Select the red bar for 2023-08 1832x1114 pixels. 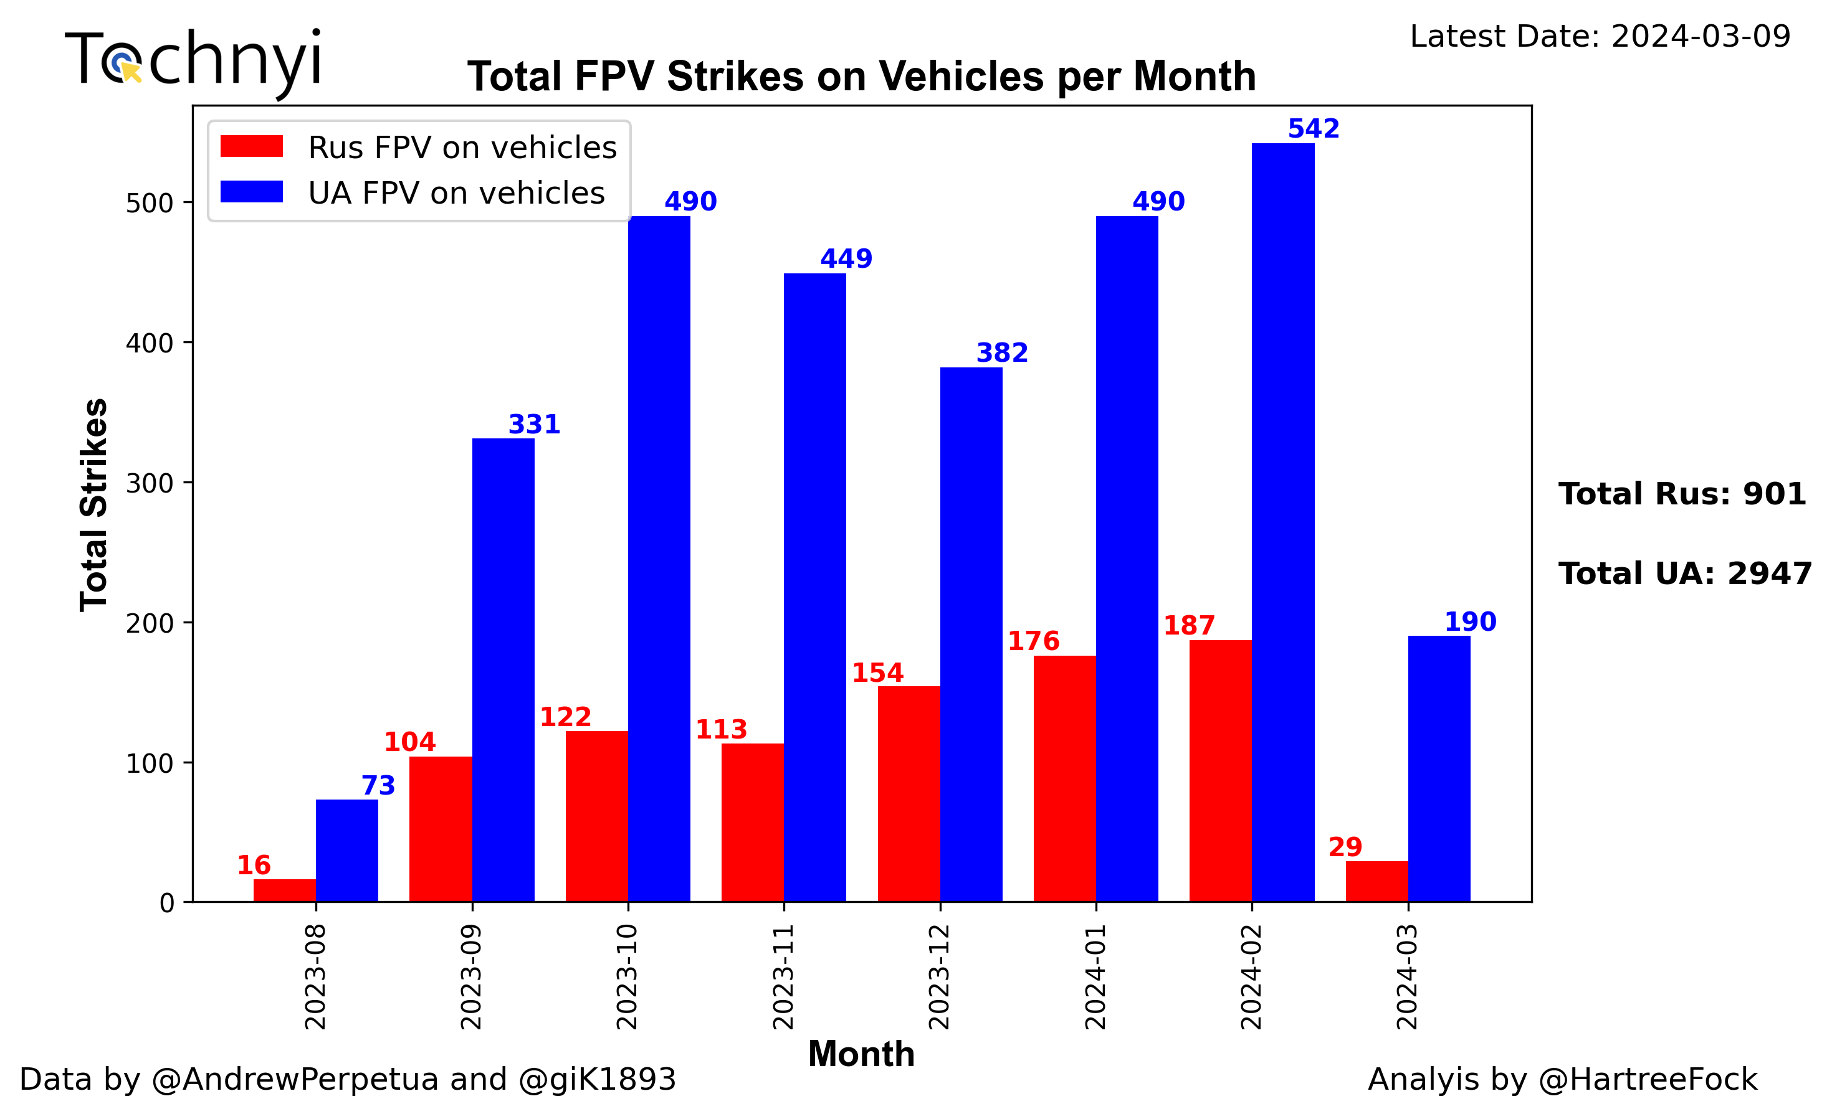pyautogui.click(x=284, y=890)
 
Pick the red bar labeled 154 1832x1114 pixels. pyautogui.click(x=909, y=794)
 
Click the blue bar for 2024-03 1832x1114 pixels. pyautogui.click(x=1439, y=768)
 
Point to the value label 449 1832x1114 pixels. pyautogui.click(x=846, y=258)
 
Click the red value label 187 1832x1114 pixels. pyautogui.click(x=1189, y=626)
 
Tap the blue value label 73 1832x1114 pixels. pyautogui.click(x=378, y=785)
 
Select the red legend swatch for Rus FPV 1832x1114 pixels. pyautogui.click(x=251, y=146)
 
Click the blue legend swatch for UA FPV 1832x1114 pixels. pyautogui.click(x=251, y=192)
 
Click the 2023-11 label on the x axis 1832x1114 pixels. pyautogui.click(x=784, y=976)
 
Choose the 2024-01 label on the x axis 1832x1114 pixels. pyautogui.click(x=1096, y=976)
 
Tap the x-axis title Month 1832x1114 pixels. pyautogui.click(x=861, y=1054)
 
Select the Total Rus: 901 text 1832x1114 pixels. pyautogui.click(x=1682, y=494)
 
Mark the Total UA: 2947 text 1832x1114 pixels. pyautogui.click(x=1685, y=574)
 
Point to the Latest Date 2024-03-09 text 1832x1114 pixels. pyautogui.click(x=1600, y=36)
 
